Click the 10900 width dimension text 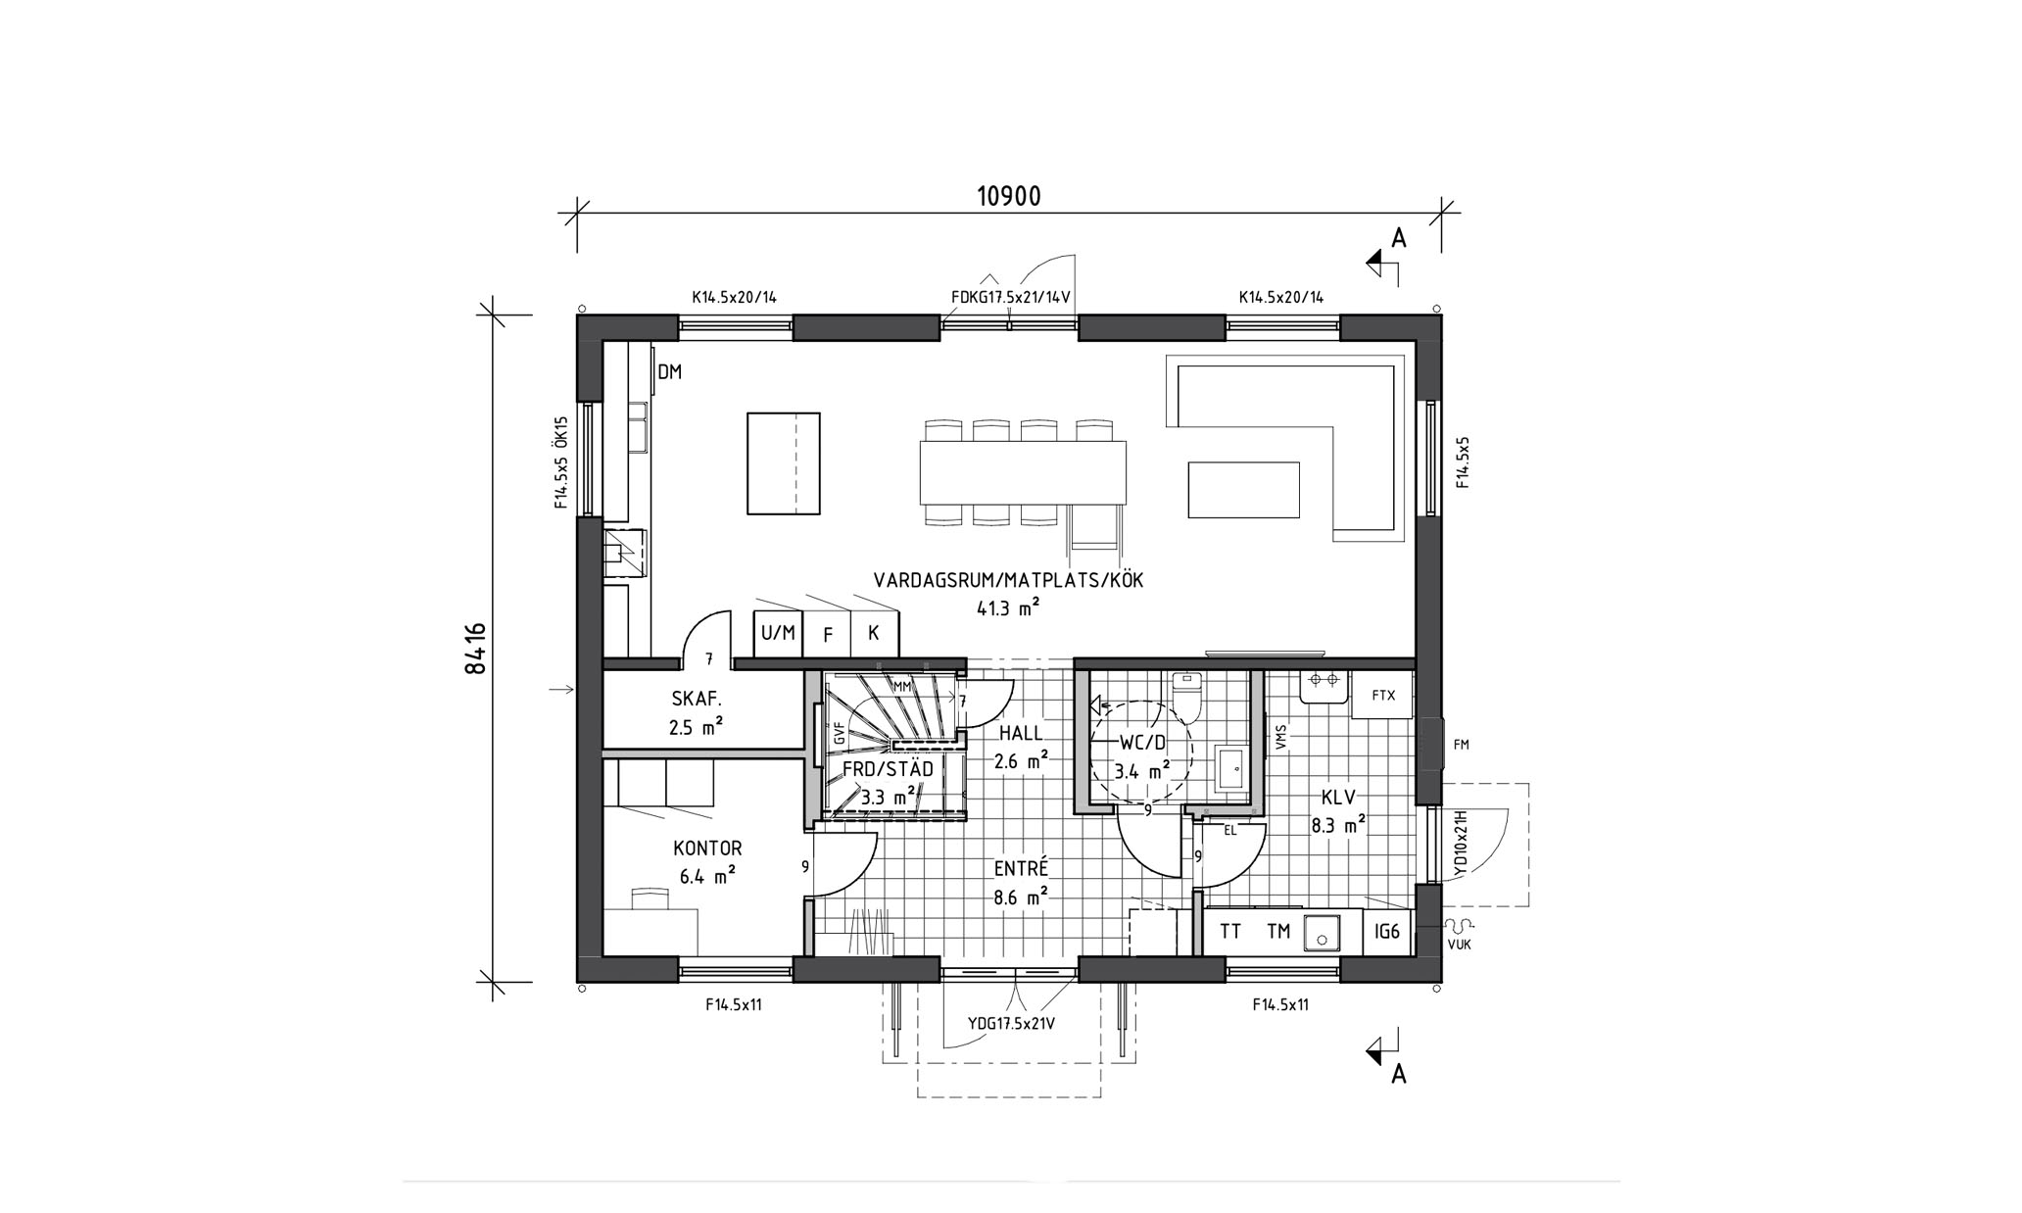pos(1008,197)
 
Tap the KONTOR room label pos(707,849)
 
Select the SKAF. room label pos(697,700)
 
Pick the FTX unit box pos(1382,695)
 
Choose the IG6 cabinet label pos(1387,932)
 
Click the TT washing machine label pos(1230,932)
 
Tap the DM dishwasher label pos(669,372)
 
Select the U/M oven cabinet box pos(778,634)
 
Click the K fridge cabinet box pos(874,634)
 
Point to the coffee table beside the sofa pos(1244,489)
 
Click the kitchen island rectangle pos(784,463)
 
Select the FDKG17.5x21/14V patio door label pos(1010,297)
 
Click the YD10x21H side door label pos(1459,843)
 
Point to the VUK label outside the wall pos(1459,946)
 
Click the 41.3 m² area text pos(1008,608)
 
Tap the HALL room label pos(1021,734)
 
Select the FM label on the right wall pos(1462,745)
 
